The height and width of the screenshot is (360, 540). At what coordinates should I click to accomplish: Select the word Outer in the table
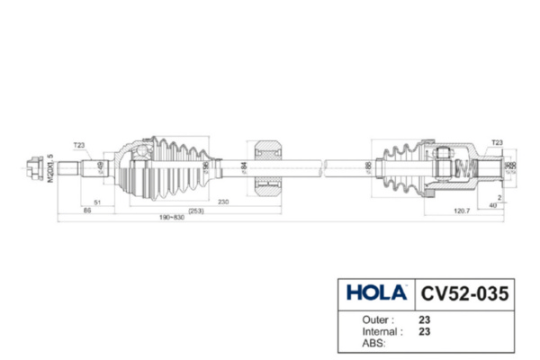(373, 319)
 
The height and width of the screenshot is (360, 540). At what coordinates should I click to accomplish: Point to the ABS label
(371, 343)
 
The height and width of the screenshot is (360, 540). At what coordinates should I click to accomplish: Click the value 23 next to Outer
(423, 319)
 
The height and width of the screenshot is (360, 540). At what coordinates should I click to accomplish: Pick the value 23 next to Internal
(423, 331)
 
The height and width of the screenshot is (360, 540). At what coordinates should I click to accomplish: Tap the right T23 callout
(497, 143)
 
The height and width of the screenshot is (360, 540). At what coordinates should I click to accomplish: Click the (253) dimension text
(196, 210)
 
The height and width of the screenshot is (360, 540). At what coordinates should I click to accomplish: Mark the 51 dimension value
(96, 202)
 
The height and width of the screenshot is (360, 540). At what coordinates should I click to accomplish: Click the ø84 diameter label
(244, 166)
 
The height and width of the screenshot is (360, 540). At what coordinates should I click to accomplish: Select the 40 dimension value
(493, 204)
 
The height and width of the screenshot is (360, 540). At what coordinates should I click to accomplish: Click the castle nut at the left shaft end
(35, 166)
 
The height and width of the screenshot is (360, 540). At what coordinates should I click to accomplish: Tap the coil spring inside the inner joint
(465, 167)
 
